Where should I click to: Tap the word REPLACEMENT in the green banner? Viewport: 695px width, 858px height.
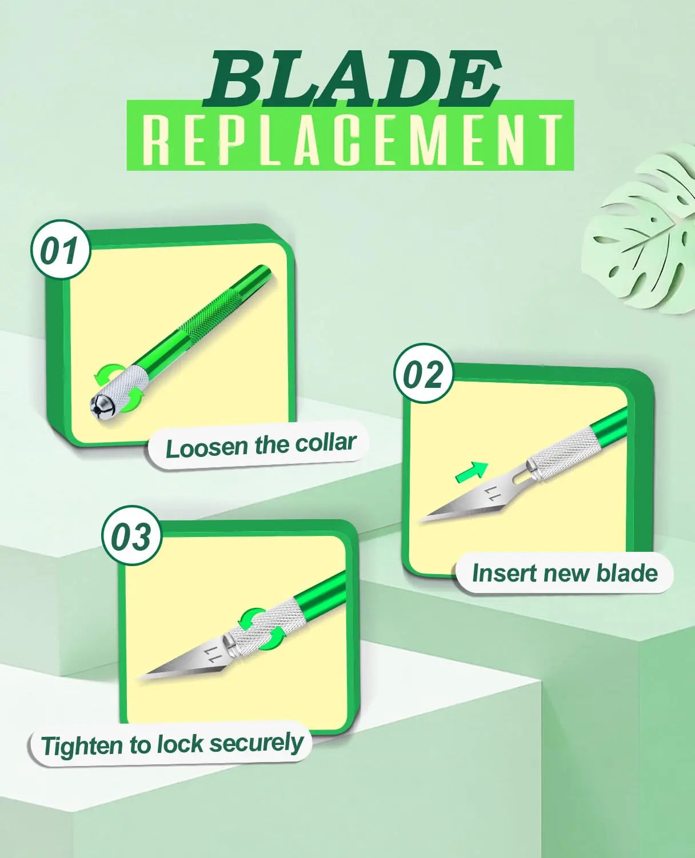[x=350, y=141]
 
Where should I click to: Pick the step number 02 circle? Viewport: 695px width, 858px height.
[x=424, y=374]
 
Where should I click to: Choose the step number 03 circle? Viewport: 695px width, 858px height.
[x=131, y=536]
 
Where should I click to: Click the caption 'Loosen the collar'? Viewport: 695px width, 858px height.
[x=260, y=446]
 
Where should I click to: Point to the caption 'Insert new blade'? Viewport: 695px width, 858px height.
[x=565, y=573]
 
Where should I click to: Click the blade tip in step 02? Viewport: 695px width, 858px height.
[x=423, y=519]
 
